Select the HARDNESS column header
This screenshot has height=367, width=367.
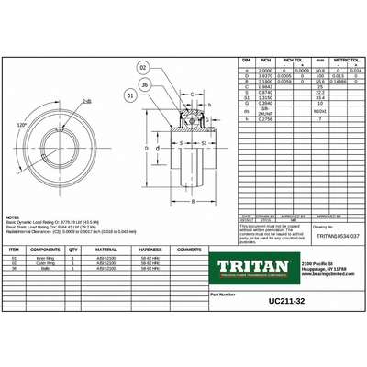coord(150,249)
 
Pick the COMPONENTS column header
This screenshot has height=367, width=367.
coord(45,249)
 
